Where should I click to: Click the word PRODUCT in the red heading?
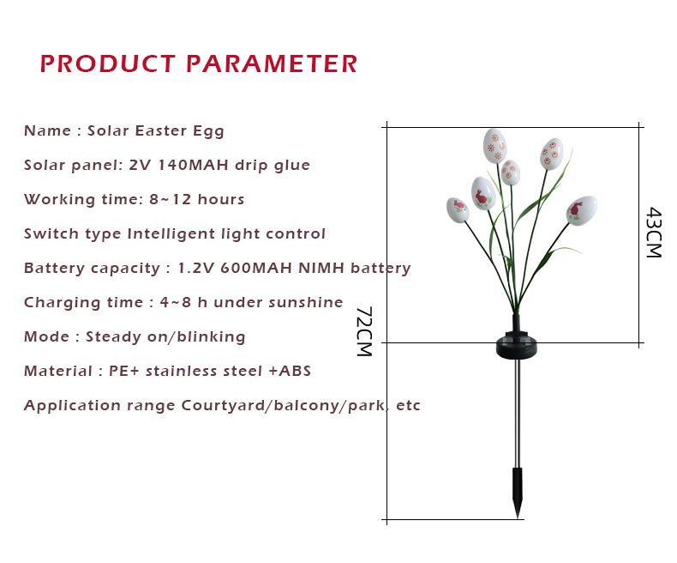(x=107, y=64)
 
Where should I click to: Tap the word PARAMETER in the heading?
(x=272, y=64)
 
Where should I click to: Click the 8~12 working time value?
(x=171, y=199)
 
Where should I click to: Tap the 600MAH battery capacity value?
(x=256, y=268)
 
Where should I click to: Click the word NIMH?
(x=321, y=268)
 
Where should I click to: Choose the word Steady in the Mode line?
(x=114, y=336)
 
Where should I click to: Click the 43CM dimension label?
(x=654, y=233)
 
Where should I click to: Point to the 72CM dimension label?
(x=364, y=331)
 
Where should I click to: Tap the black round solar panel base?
(x=517, y=345)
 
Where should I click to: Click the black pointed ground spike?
(x=518, y=492)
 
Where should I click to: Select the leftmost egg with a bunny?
(x=458, y=209)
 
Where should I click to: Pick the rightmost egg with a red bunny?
(x=582, y=210)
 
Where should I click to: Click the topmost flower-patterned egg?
(x=494, y=146)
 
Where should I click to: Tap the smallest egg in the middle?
(x=511, y=173)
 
